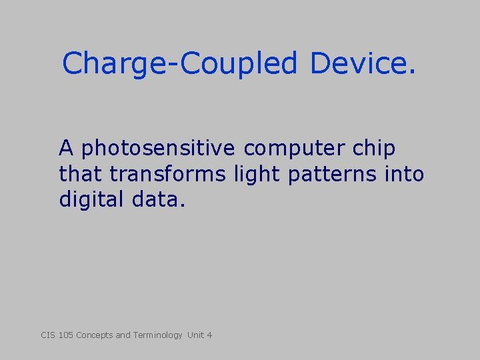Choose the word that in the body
point(81,174)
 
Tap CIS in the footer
point(48,335)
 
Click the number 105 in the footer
point(66,335)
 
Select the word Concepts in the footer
point(95,335)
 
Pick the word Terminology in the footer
point(157,335)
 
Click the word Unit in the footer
point(196,335)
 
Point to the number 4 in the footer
point(209,335)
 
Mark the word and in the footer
point(123,335)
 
